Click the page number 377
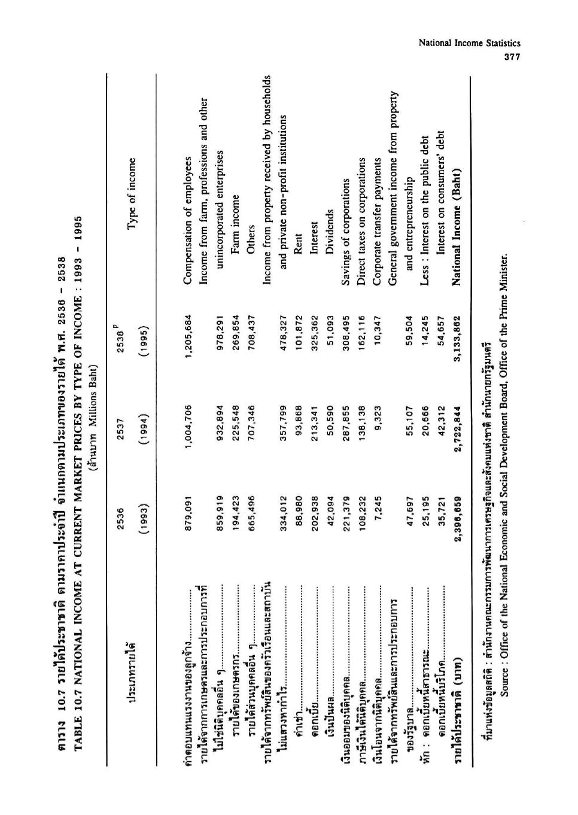512,57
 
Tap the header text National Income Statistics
469,43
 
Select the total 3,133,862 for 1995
458,333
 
